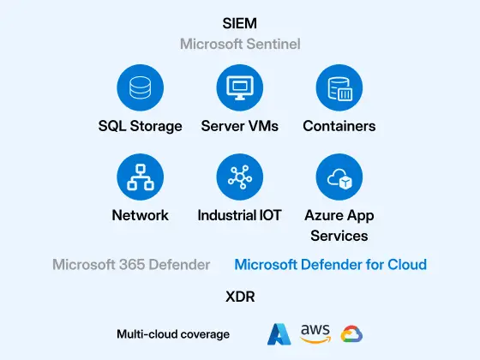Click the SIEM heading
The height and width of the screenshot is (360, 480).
(240, 24)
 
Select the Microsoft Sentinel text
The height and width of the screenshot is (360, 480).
(240, 44)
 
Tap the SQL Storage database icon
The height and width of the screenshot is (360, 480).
(141, 87)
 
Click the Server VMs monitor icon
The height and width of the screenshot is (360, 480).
(240, 87)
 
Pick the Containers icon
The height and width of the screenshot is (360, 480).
(339, 87)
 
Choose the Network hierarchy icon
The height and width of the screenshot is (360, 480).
(141, 177)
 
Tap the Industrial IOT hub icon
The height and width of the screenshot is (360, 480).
(240, 177)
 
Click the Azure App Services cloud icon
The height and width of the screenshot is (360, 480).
(339, 177)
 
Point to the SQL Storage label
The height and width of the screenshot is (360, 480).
(141, 126)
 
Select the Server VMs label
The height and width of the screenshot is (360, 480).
(240, 126)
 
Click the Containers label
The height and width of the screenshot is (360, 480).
(339, 126)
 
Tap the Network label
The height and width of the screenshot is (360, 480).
(141, 215)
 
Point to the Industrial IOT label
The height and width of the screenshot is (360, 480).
(240, 215)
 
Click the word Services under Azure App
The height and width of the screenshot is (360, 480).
(339, 236)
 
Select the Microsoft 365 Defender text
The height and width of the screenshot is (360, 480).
(131, 265)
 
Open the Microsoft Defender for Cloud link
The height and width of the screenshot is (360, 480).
(331, 265)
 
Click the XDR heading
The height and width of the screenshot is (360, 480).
(240, 297)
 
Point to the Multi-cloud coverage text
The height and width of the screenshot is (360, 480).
(173, 334)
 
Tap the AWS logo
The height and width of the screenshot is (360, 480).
(315, 333)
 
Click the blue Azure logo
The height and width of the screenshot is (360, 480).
(279, 334)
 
